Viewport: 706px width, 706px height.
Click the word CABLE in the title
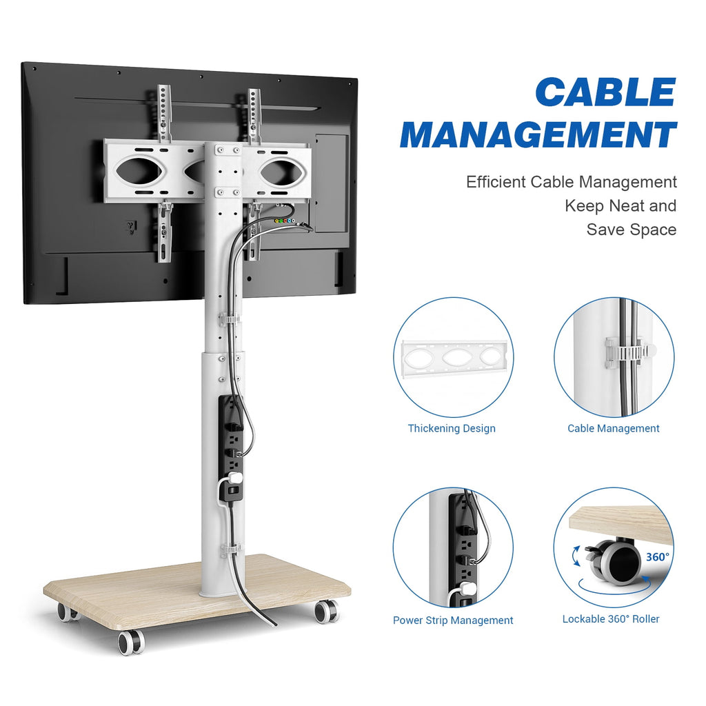(605, 92)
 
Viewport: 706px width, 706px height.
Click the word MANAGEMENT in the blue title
(538, 134)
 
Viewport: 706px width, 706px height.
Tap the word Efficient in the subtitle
(496, 183)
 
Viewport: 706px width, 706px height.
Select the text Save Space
(631, 230)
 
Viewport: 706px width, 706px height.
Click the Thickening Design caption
(452, 429)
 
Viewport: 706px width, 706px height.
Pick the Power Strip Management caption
(453, 621)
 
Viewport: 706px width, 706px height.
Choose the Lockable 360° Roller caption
(611, 619)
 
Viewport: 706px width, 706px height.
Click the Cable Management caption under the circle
(613, 429)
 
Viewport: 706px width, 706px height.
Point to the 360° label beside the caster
(657, 556)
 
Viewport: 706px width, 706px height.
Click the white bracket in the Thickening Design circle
(453, 359)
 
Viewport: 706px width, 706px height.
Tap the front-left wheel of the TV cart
(130, 641)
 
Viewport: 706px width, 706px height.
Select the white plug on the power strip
(236, 477)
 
